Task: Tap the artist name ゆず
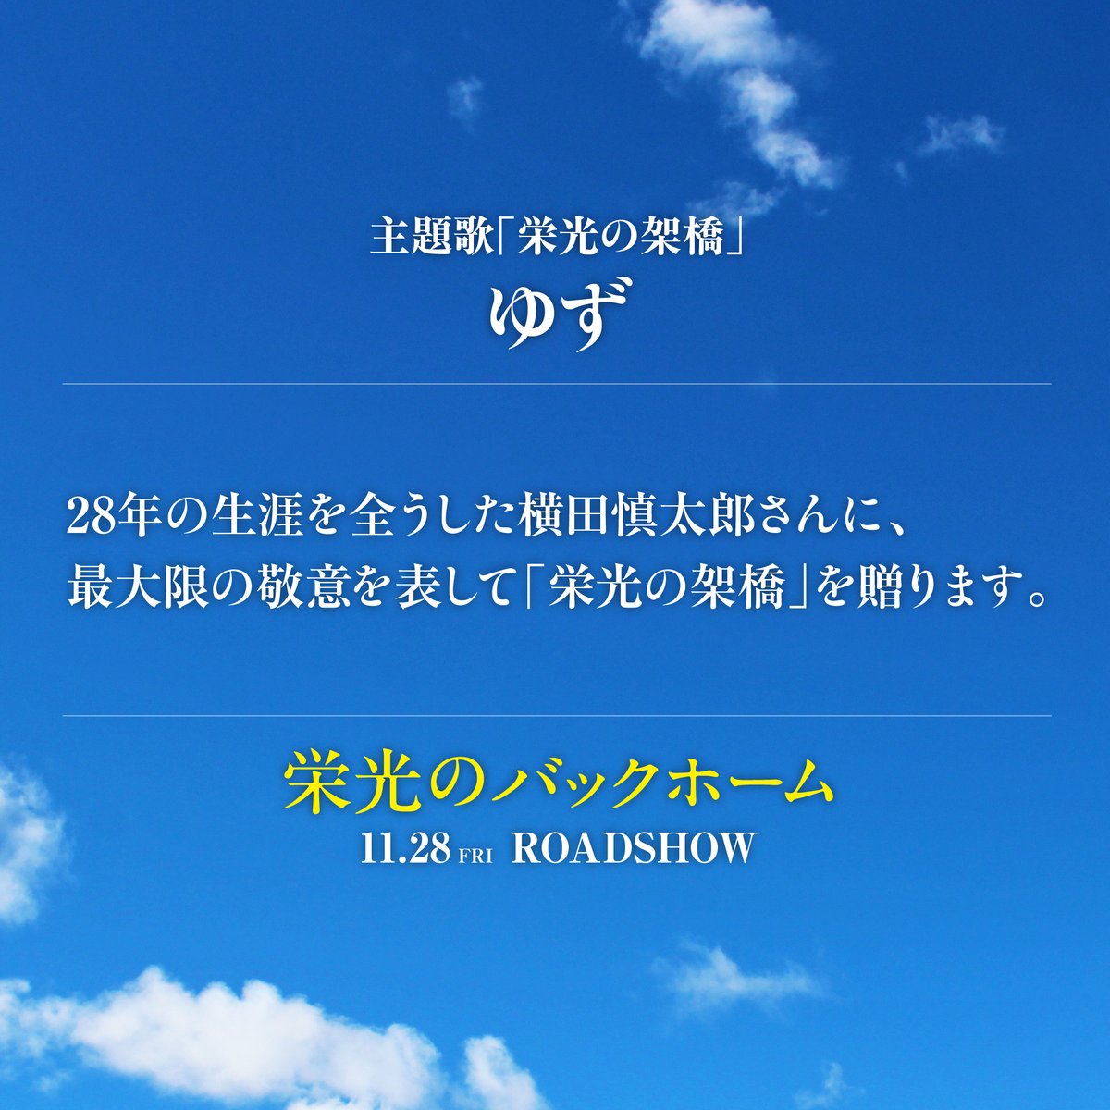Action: pos(555,315)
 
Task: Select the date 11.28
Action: pos(405,848)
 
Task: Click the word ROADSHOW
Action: pos(634,848)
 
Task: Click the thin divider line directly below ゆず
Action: pos(555,383)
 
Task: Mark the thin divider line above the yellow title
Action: pos(555,715)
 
